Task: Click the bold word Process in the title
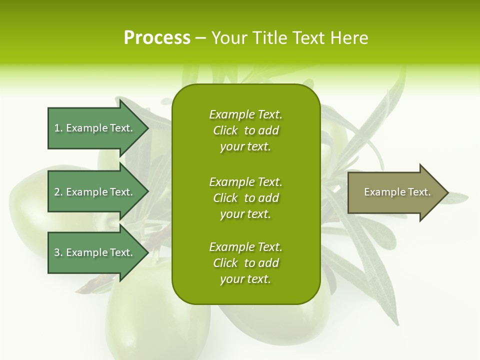157,38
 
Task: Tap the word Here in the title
349,38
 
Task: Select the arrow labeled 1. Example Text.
95,128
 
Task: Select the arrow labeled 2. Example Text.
95,192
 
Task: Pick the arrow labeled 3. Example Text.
95,252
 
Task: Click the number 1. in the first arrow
58,128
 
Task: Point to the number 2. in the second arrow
58,192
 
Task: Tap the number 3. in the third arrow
58,252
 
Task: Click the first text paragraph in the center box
245,130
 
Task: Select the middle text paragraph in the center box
245,198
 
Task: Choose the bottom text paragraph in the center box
245,263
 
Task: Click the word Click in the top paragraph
225,130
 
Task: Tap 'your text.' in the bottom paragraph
245,279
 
